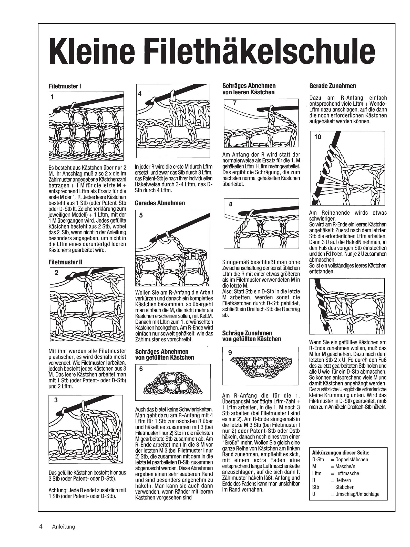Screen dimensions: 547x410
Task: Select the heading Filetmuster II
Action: pyautogui.click(x=66, y=262)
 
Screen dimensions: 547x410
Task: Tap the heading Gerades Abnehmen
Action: pyautogui.click(x=160, y=203)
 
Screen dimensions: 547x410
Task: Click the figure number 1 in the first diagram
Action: pyautogui.click(x=52, y=97)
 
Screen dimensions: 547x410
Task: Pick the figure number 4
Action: pyautogui.click(x=140, y=94)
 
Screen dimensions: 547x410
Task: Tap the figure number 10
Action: pyautogui.click(x=317, y=137)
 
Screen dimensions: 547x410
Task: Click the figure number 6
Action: pyautogui.click(x=141, y=369)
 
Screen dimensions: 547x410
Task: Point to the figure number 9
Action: pyautogui.click(x=230, y=353)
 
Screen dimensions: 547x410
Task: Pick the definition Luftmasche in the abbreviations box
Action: pyautogui.click(x=347, y=473)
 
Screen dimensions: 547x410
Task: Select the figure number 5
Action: pyautogui.click(x=141, y=215)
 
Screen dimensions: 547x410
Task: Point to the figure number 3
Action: pyautogui.click(x=56, y=400)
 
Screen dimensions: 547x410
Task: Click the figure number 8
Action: pyautogui.click(x=231, y=204)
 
